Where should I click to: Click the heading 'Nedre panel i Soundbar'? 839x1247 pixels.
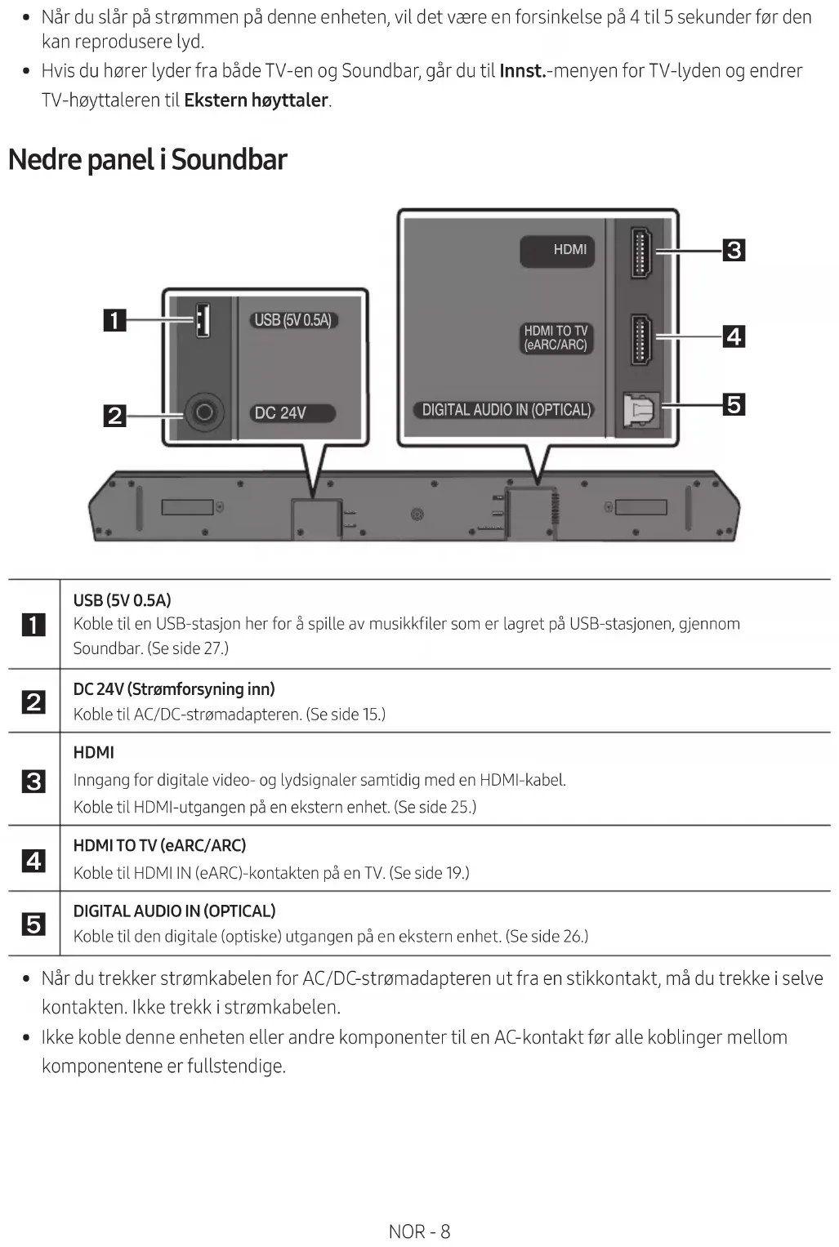147,159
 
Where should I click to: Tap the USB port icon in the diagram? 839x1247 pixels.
201,319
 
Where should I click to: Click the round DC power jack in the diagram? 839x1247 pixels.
204,412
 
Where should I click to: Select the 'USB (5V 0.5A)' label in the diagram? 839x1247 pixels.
292,320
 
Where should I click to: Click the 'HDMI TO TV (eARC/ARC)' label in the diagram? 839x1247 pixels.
556,337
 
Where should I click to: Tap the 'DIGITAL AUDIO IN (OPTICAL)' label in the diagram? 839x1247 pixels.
506,410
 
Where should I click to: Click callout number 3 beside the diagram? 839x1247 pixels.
734,250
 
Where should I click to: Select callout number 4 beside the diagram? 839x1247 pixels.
734,336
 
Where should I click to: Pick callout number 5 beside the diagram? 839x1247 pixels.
734,404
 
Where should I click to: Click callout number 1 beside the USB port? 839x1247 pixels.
114,319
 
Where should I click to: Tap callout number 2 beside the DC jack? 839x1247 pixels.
114,415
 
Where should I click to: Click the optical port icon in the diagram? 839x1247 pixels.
640,410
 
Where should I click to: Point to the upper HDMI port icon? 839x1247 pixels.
640,253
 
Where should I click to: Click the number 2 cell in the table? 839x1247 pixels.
33,701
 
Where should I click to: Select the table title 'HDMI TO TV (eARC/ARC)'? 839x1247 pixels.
159,845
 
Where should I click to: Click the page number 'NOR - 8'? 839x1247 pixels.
419,1231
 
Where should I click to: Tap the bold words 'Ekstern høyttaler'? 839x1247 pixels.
256,100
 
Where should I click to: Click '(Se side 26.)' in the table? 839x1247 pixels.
547,936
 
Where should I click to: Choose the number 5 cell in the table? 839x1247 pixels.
33,924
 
